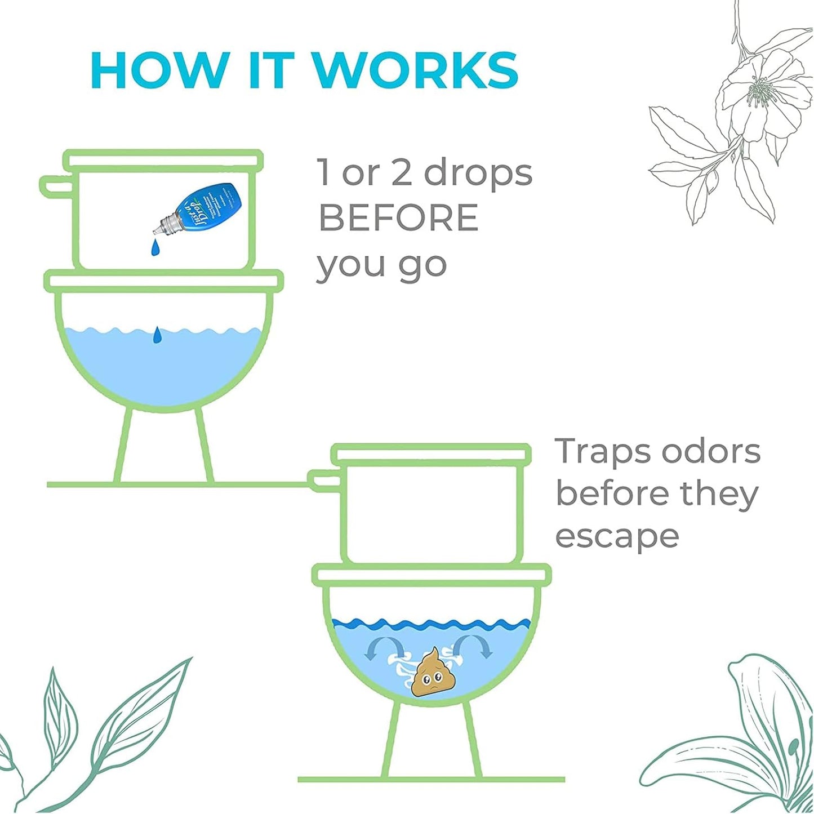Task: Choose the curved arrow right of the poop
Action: [x=477, y=646]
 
